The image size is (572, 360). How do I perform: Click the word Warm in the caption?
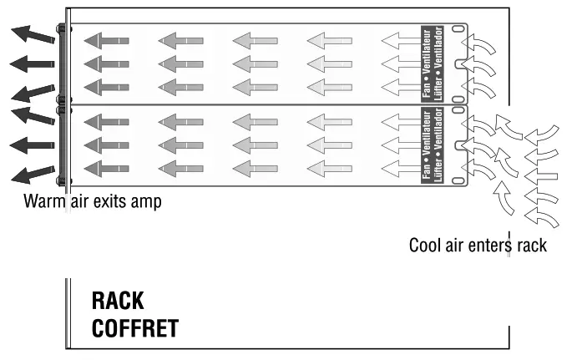(43, 201)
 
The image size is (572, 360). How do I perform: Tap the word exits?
(113, 201)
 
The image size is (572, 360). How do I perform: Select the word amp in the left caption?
(148, 202)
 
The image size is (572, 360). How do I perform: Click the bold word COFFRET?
(134, 327)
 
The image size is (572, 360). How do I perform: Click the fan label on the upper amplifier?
(433, 63)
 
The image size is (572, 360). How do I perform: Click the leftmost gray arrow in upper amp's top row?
(106, 39)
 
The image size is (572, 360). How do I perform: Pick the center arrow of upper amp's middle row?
(253, 63)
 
